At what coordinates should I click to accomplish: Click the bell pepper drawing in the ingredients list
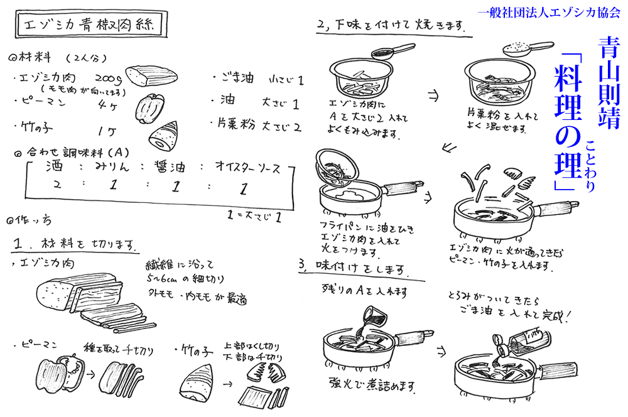pos(151,106)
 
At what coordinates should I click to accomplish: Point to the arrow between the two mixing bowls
pos(434,95)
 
